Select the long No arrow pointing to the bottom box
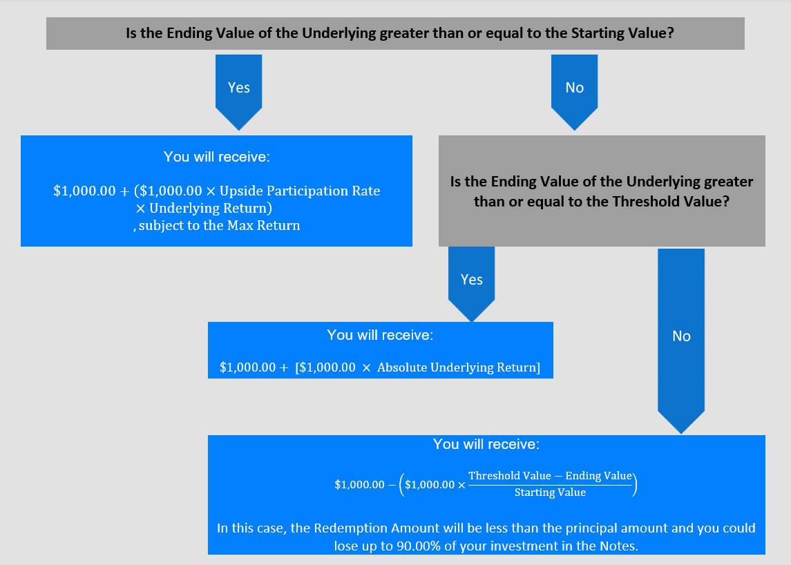click(x=681, y=341)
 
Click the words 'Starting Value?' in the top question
click(x=622, y=33)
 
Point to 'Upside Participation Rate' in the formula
click(x=300, y=191)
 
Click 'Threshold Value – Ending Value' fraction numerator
click(x=550, y=476)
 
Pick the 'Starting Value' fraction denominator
click(x=550, y=492)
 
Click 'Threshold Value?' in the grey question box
click(x=671, y=202)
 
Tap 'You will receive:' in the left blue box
click(x=216, y=157)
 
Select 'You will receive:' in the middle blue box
click(x=380, y=335)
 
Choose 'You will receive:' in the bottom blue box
click(x=486, y=444)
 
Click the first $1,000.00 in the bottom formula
click(x=360, y=485)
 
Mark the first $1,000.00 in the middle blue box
click(x=248, y=367)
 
